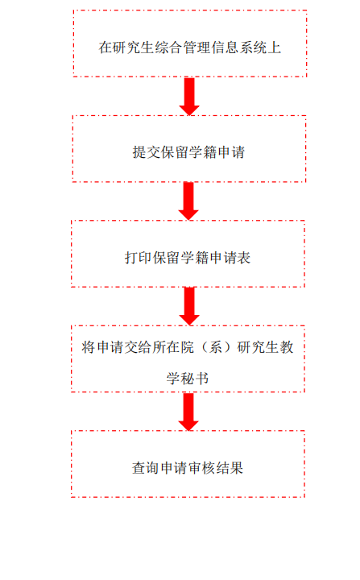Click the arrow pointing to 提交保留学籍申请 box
pyautogui.click(x=189, y=96)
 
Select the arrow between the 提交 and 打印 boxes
pyautogui.click(x=188, y=201)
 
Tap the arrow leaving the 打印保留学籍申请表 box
pyautogui.click(x=189, y=306)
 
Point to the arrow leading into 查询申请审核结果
pyautogui.click(x=188, y=412)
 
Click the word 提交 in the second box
pyautogui.click(x=147, y=152)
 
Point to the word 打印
pyautogui.click(x=139, y=258)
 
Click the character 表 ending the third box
pyautogui.click(x=244, y=258)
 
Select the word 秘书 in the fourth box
pyautogui.click(x=195, y=378)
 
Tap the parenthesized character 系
pyautogui.click(x=216, y=347)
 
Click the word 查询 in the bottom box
pyautogui.click(x=146, y=468)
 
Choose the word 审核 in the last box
pyautogui.click(x=201, y=468)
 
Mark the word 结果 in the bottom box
pyautogui.click(x=230, y=468)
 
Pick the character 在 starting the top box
pyautogui.click(x=106, y=48)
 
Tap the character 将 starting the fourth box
pyautogui.click(x=89, y=347)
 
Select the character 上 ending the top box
pyautogui.click(x=275, y=48)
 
